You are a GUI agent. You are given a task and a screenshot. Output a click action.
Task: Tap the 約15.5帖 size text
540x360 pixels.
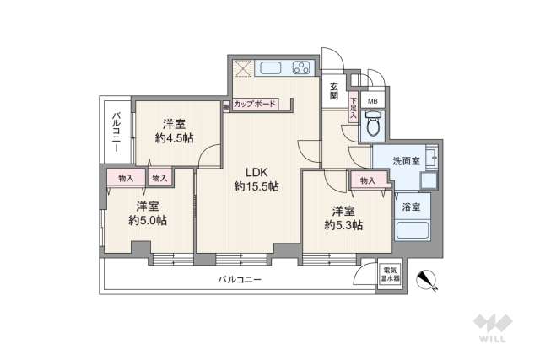click(x=256, y=186)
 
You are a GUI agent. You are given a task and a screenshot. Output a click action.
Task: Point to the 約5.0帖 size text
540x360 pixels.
click(x=147, y=220)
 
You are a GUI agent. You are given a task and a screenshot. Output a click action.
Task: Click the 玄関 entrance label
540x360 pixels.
click(x=334, y=91)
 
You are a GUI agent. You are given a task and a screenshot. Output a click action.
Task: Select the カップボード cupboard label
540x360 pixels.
click(x=255, y=105)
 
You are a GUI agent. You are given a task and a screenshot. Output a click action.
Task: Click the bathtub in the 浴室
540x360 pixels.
click(x=413, y=228)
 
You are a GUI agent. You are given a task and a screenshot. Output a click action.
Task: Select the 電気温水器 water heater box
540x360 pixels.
click(x=391, y=275)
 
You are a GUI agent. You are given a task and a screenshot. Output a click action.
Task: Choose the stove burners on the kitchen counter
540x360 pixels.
click(x=301, y=68)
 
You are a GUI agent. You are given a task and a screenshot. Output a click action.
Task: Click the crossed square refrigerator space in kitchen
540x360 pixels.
click(x=243, y=69)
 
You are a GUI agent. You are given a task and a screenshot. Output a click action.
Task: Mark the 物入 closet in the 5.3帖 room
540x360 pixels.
click(x=367, y=180)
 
